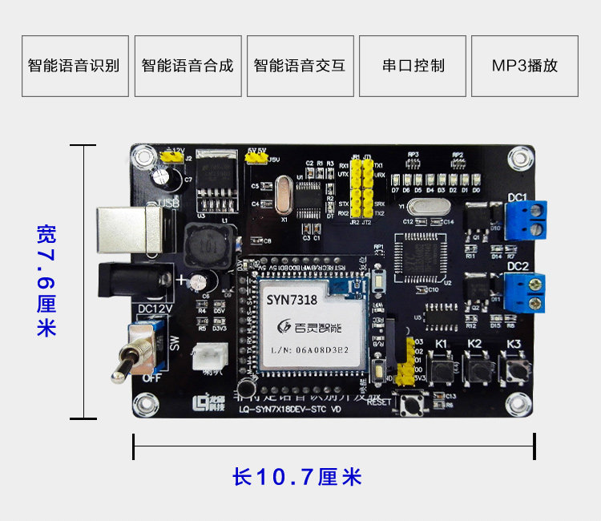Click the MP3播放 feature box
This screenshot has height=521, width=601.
525,66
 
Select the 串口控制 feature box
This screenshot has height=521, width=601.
413,66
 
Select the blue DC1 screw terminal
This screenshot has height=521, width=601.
526,219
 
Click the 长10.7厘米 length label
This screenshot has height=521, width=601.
297,478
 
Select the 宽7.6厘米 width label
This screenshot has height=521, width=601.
46,281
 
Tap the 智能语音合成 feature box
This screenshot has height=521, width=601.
188,66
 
